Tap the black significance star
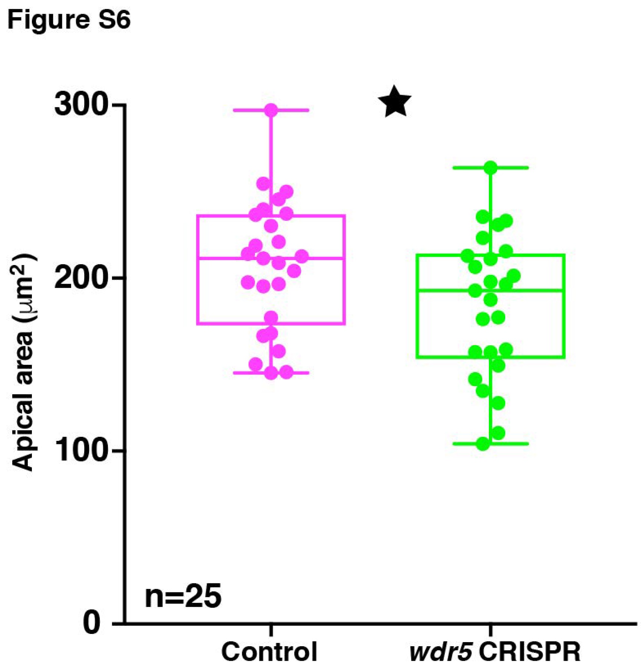pos(395,102)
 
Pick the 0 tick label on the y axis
pos(92,622)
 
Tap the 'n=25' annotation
pos(183,596)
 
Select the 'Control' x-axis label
pos(270,651)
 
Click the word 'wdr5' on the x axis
pos(441,651)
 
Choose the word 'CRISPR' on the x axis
pos(530,651)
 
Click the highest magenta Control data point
pos(271,110)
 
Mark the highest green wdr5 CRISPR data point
pos(490,168)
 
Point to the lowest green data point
pos(483,444)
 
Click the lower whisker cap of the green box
pos(516,444)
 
